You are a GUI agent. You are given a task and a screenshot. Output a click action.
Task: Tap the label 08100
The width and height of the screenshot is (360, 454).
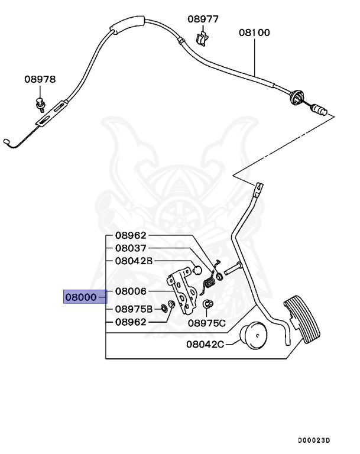pos(254,33)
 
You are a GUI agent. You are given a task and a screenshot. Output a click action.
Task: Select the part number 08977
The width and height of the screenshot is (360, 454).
pos(203,19)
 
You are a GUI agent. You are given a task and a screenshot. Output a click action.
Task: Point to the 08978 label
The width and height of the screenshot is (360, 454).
pos(40,79)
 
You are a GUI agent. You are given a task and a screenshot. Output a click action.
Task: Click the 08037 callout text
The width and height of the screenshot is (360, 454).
pos(131,248)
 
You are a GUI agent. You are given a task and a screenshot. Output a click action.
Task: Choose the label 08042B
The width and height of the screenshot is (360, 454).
pos(134,261)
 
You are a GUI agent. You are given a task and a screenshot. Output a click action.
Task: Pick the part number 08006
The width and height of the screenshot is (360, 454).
pos(131,291)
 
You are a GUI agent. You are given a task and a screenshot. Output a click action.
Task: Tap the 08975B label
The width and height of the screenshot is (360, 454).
pos(134,309)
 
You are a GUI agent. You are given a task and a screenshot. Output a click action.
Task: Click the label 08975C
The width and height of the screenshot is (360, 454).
pos(207,323)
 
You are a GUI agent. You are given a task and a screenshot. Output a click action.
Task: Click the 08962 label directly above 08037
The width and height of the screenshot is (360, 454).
pos(131,235)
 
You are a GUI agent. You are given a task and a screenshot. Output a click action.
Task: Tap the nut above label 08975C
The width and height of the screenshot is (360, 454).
pos(208,304)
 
